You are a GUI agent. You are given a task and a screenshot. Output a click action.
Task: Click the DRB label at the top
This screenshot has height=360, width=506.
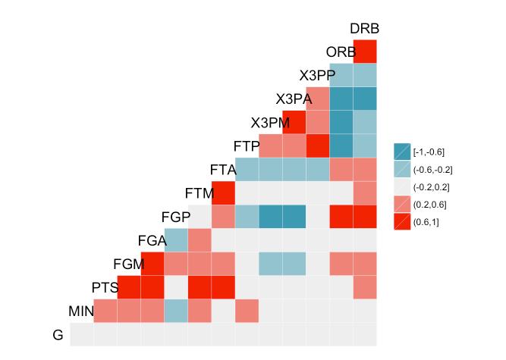point(364,29)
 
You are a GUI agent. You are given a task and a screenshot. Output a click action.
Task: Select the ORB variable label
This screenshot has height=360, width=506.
point(341,52)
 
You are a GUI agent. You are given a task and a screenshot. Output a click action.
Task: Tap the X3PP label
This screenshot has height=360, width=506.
point(316,76)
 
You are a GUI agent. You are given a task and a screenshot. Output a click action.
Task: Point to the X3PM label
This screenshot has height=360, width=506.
point(269,123)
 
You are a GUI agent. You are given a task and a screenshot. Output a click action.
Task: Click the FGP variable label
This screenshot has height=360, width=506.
point(175,217)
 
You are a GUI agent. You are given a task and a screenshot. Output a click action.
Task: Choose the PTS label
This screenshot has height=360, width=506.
point(105,288)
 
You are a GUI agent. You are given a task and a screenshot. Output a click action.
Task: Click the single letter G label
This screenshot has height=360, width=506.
point(58,335)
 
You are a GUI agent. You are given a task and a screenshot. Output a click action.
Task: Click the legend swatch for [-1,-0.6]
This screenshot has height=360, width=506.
point(402,152)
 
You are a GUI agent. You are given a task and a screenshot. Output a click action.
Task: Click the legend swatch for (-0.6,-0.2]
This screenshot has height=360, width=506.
point(402,169)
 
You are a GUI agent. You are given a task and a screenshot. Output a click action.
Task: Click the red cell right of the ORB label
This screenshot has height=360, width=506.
point(365,52)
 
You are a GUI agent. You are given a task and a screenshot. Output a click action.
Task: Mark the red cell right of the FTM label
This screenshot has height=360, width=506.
point(224,193)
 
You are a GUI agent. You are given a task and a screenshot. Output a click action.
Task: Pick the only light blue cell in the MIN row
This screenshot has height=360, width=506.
point(177,311)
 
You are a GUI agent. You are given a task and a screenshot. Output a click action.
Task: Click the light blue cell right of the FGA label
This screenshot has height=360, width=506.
point(177,240)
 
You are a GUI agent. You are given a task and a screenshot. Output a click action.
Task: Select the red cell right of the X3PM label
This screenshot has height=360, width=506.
point(294,123)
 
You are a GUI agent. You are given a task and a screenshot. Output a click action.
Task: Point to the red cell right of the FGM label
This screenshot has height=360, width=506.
point(152,264)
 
